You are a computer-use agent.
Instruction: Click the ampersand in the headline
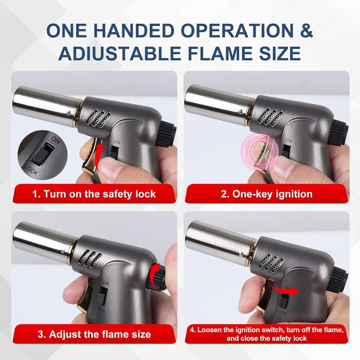tap(306, 30)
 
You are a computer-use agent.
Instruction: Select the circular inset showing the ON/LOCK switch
tap(41, 154)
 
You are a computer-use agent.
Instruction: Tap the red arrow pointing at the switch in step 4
tap(285, 290)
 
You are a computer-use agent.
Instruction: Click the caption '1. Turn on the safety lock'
tap(94, 194)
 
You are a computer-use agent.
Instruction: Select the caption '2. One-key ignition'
tap(266, 194)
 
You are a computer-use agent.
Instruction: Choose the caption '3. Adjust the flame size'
tap(94, 334)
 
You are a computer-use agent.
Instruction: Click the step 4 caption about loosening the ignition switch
tap(266, 334)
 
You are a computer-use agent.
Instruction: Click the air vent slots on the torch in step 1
tap(99, 118)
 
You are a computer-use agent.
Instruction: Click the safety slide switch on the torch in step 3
tap(103, 297)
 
